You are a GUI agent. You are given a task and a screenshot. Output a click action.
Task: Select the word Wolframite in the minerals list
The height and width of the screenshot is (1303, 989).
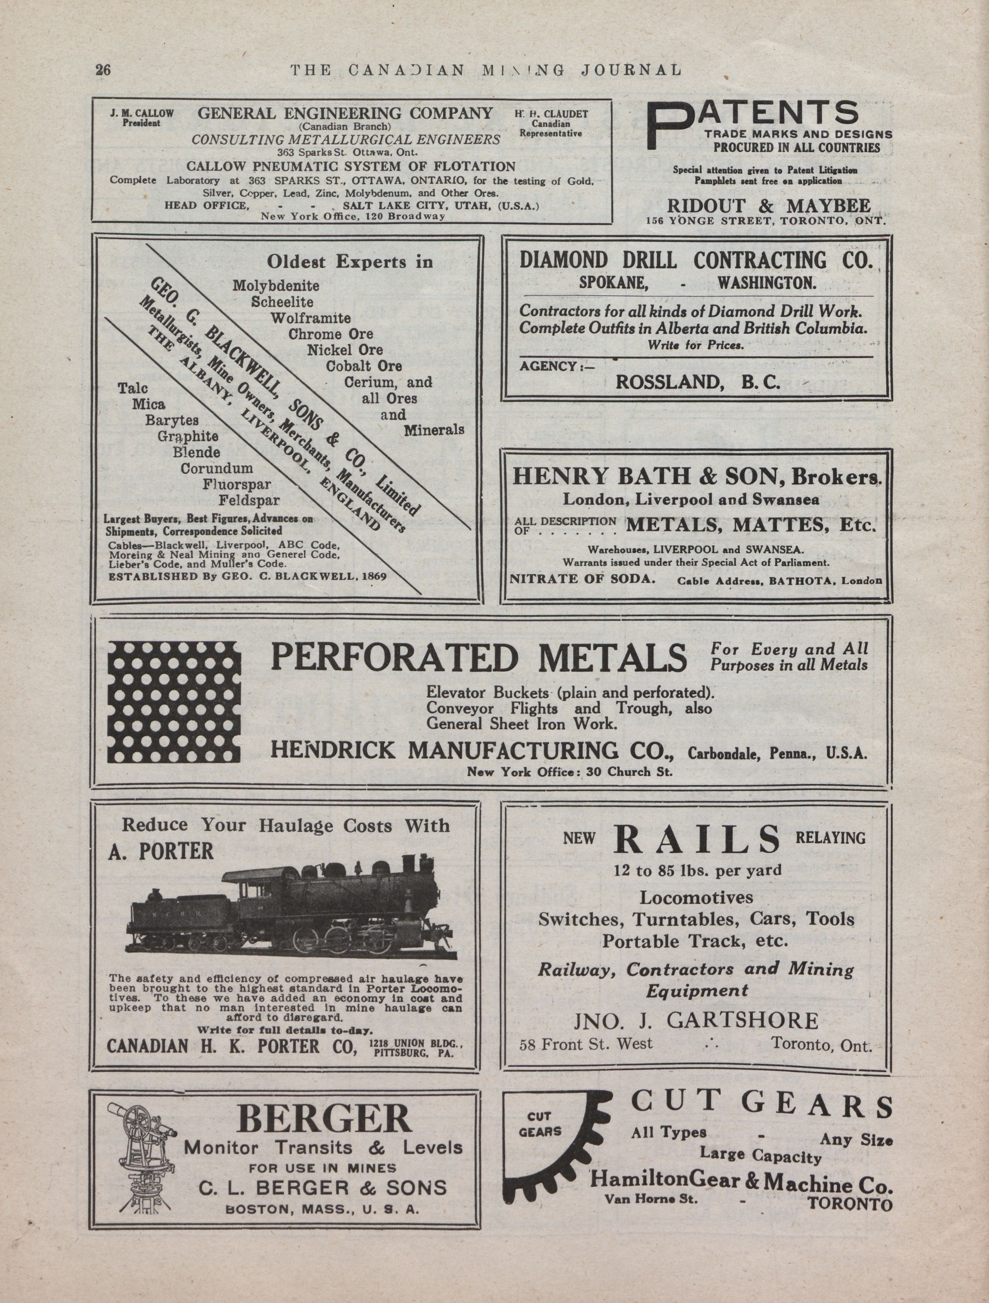pyautogui.click(x=310, y=318)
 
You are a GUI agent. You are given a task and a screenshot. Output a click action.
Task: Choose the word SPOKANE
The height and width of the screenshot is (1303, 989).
pyautogui.click(x=614, y=283)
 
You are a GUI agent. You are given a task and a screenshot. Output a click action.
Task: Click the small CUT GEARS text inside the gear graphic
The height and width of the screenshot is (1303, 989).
pyautogui.click(x=540, y=1124)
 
